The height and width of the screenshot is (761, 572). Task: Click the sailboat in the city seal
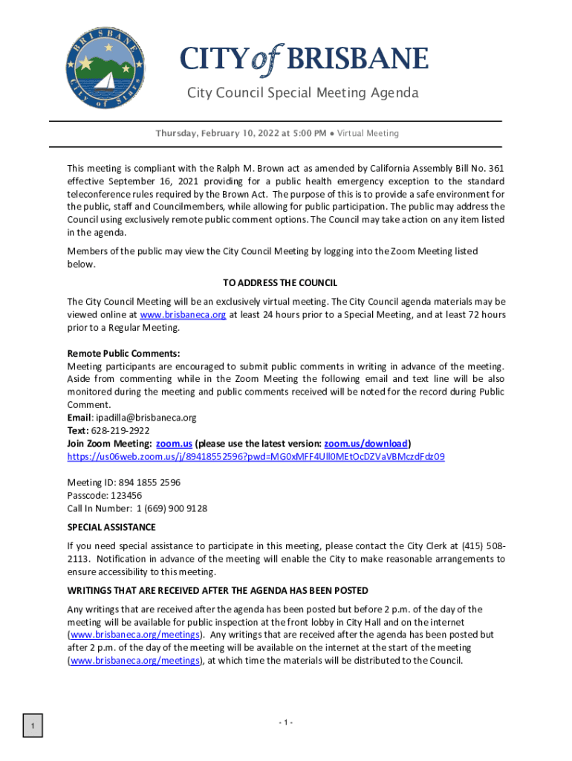(105, 80)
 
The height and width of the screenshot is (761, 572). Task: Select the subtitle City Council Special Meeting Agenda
(302, 93)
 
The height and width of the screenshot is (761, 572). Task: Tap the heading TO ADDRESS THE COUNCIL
(280, 283)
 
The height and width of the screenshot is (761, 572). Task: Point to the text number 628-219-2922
(120, 430)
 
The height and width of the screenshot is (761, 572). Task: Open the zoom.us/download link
(365, 444)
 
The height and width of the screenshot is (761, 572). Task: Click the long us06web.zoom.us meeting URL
(256, 456)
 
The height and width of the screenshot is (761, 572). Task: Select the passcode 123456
(126, 496)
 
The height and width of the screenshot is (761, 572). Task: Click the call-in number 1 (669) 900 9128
(172, 508)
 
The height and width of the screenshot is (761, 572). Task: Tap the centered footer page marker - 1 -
(285, 723)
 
